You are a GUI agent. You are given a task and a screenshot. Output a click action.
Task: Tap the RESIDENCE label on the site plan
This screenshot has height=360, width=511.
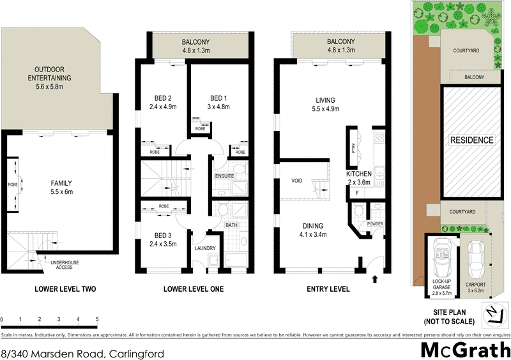pos(472,140)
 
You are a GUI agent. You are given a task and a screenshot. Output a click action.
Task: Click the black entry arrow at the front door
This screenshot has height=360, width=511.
pos(374,278)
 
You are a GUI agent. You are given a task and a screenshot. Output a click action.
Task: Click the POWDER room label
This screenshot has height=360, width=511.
pos(374,224)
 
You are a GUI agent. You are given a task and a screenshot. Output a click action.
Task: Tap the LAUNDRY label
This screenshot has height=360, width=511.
pos(205,248)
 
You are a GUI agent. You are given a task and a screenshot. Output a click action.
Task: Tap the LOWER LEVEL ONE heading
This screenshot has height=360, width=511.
pos(194,289)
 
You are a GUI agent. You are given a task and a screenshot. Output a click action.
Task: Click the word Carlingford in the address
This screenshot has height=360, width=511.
pos(138,353)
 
